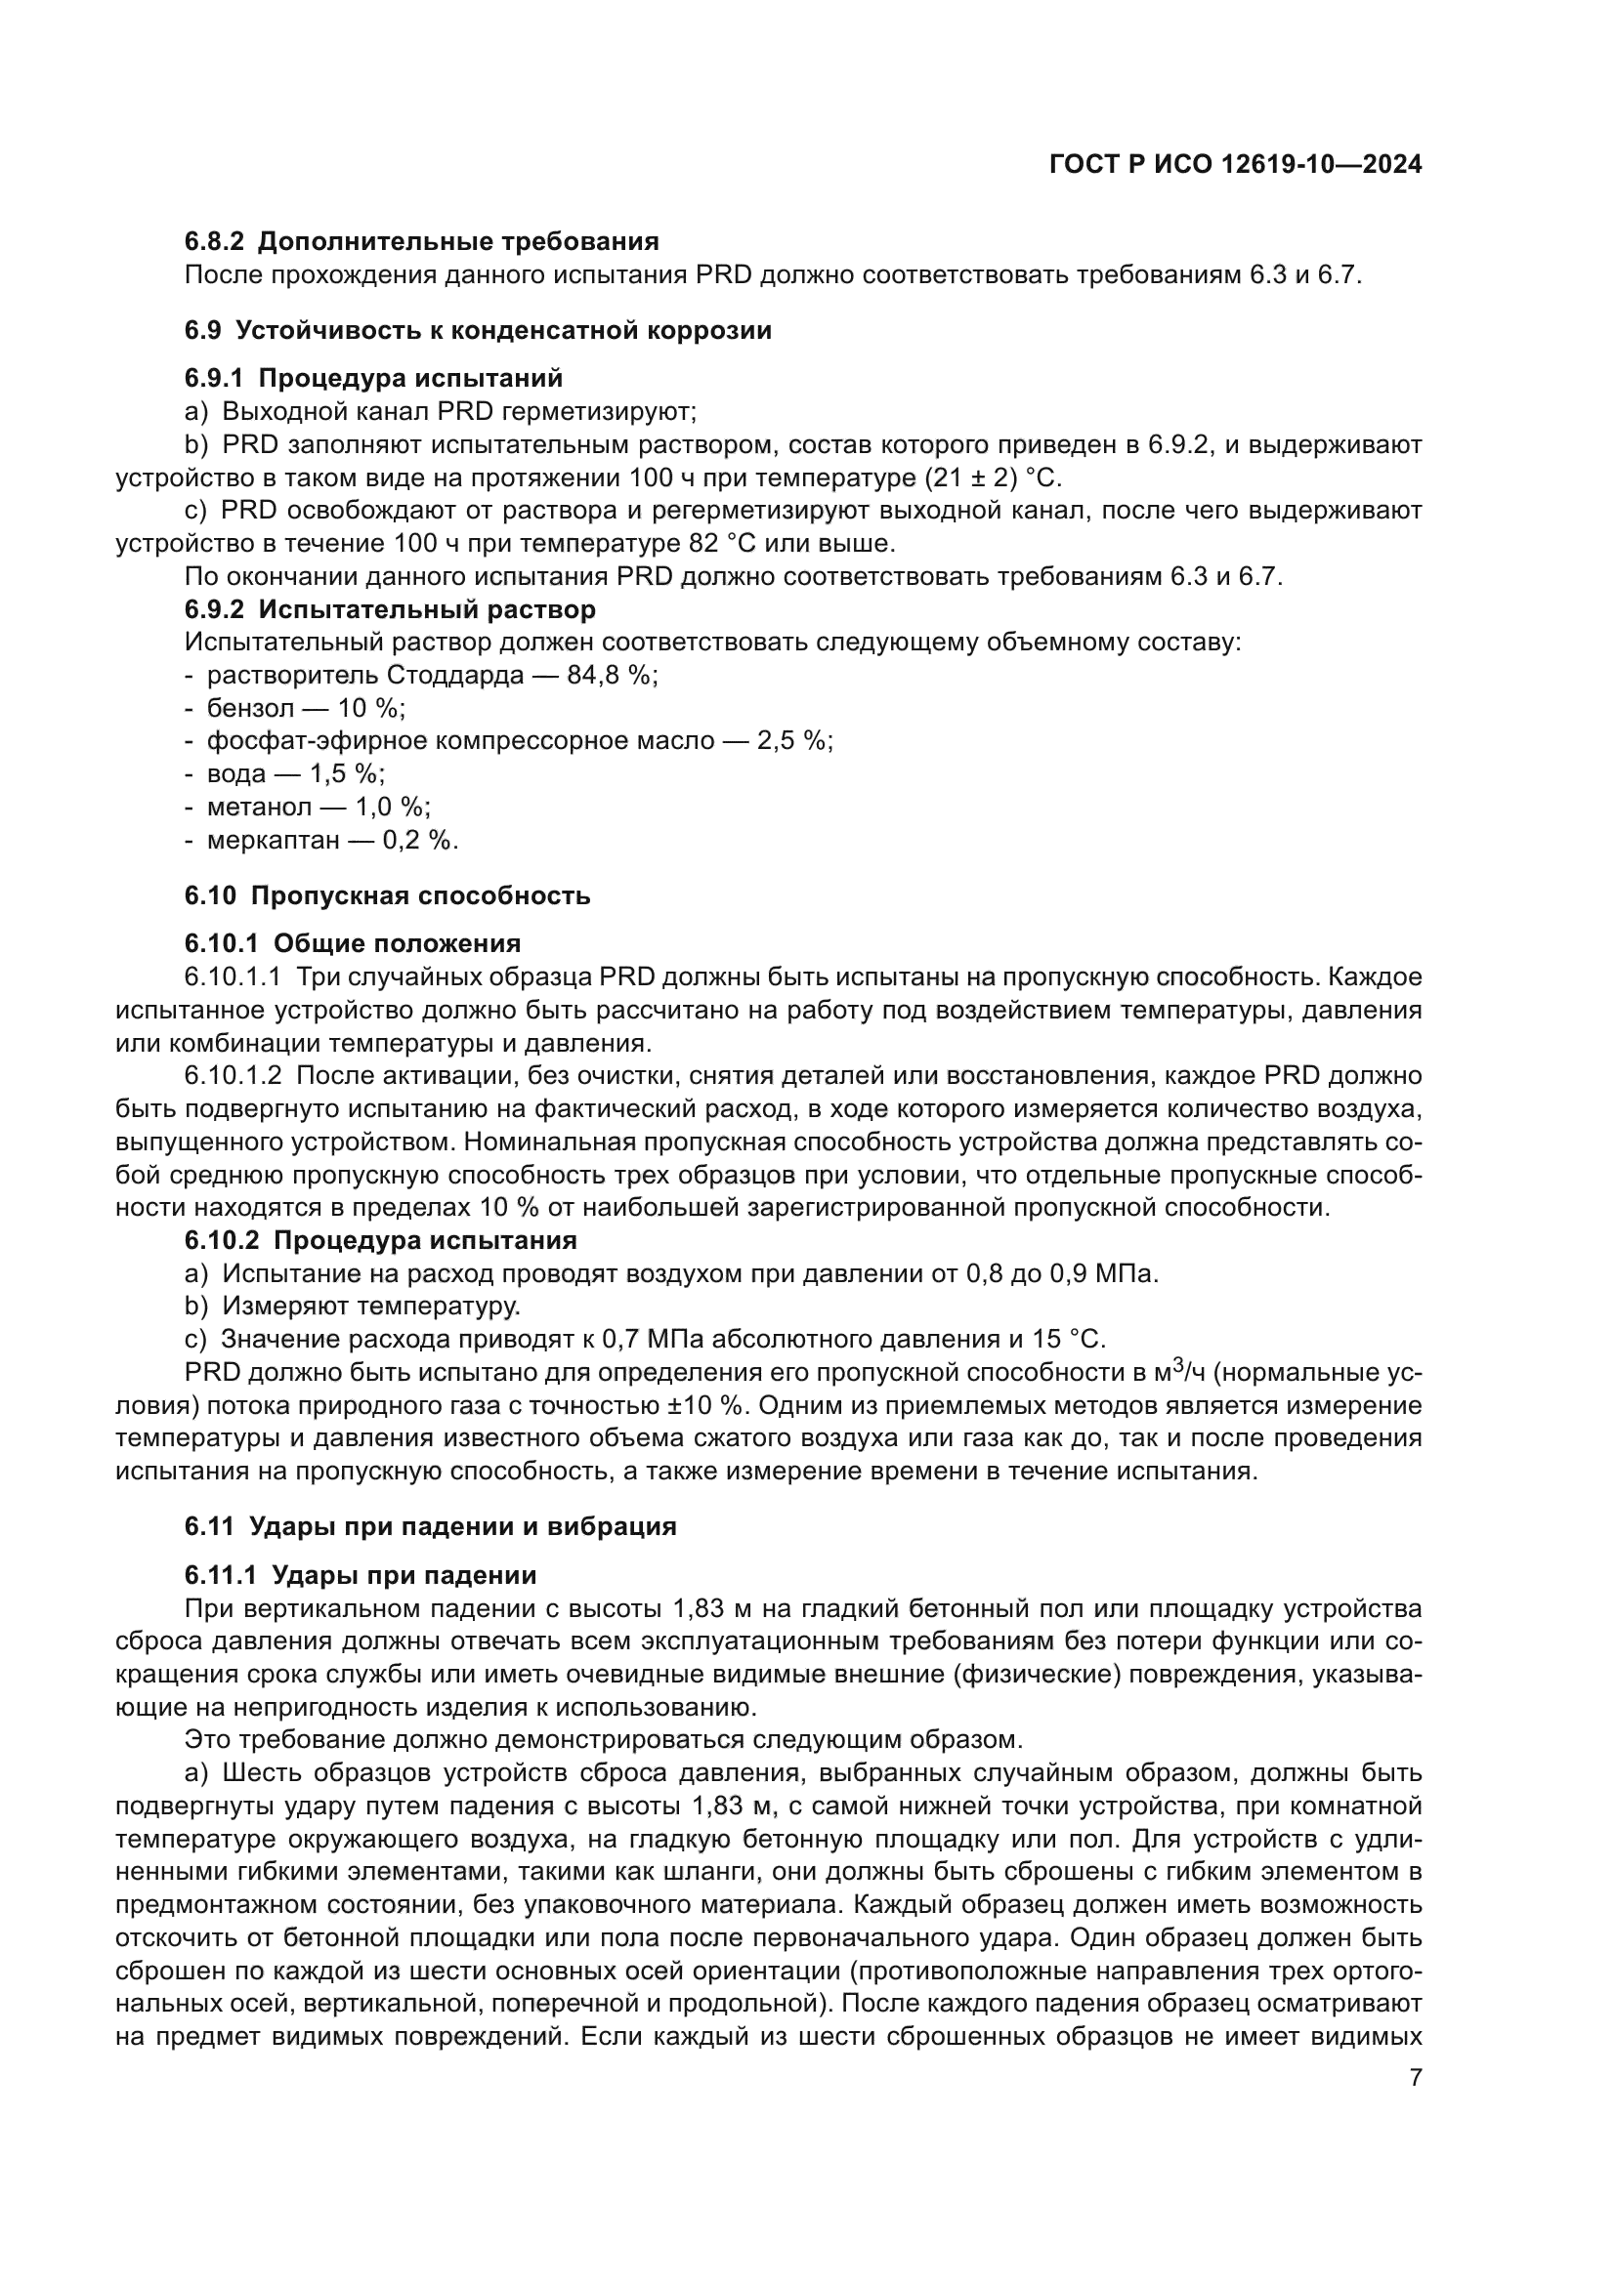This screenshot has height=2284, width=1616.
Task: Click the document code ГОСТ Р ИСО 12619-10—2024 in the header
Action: click(1235, 165)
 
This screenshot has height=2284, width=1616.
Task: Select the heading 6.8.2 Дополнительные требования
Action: click(422, 242)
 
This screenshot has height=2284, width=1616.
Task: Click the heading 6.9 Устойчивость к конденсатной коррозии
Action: click(478, 330)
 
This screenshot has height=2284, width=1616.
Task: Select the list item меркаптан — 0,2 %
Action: click(331, 841)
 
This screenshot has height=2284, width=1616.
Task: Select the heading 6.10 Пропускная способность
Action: click(387, 896)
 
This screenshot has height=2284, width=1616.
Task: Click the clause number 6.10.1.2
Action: click(233, 1076)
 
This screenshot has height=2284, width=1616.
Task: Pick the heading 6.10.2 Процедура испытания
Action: click(380, 1240)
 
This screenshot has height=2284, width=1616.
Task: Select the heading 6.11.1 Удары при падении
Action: click(361, 1576)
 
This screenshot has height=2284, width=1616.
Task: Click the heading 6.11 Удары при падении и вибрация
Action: click(430, 1527)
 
